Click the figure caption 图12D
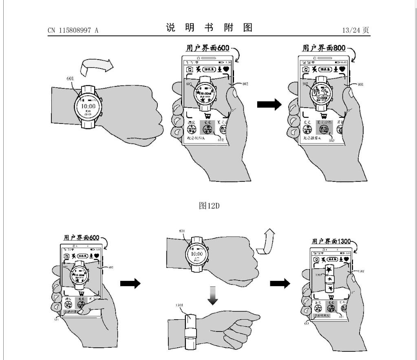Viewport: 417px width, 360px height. (208, 206)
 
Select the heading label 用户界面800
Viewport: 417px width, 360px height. (323, 48)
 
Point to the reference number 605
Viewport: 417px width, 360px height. (189, 84)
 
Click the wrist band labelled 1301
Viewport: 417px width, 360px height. (191, 330)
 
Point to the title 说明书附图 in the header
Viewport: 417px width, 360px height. (209, 29)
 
